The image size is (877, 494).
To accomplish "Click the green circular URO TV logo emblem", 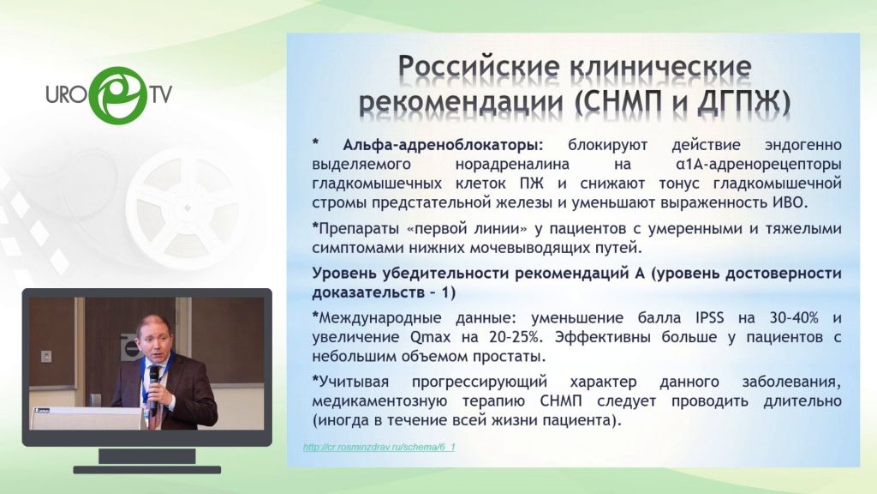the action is coord(117,95).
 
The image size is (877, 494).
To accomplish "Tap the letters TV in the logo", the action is coord(160,94).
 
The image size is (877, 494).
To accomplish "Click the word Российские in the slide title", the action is coord(479,66).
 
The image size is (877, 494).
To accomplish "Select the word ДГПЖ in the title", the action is coord(743,101).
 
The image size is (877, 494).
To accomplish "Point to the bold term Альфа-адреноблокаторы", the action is coord(443,145).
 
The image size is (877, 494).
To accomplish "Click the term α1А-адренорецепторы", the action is coord(759,165).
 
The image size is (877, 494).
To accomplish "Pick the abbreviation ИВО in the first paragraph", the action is coord(790,202).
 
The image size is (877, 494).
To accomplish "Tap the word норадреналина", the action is coord(512,165).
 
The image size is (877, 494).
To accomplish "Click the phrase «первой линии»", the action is coord(459,228).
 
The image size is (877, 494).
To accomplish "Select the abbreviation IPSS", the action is coord(710,318).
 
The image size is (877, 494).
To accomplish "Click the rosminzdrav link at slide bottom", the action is coord(379,447).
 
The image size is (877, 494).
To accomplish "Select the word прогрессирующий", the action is coord(480,382).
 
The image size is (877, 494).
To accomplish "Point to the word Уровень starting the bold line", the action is coord(344,274).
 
